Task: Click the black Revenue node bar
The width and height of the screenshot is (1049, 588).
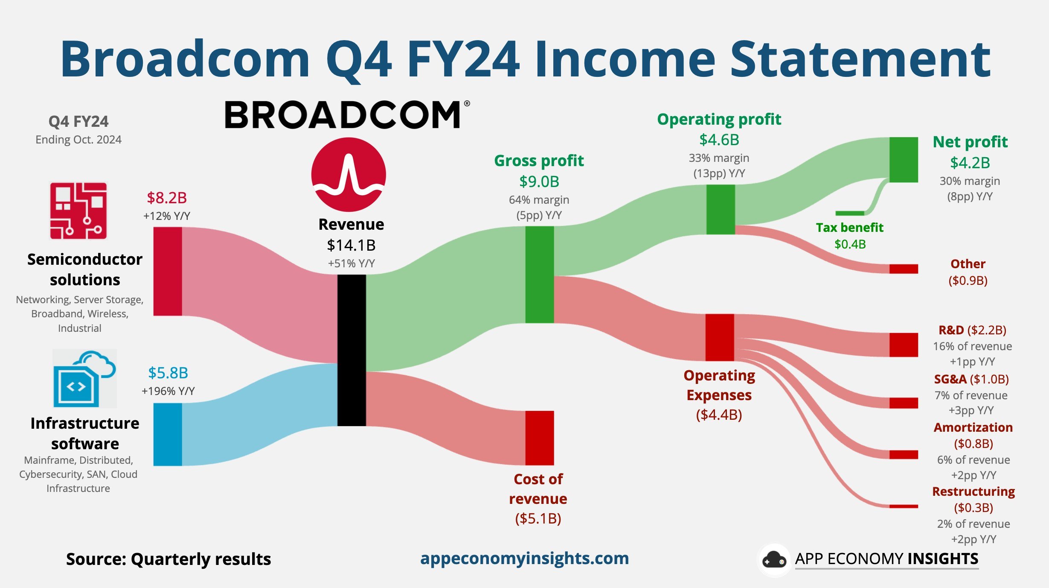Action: (x=352, y=350)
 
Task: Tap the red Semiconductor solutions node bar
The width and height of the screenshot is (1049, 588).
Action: (x=168, y=271)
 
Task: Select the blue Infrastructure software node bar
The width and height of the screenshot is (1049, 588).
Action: (x=168, y=434)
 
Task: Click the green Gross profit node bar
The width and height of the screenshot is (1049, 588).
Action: (x=540, y=275)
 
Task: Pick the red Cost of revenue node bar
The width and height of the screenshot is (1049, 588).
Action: (x=540, y=438)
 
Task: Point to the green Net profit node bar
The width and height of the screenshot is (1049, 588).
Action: (x=904, y=160)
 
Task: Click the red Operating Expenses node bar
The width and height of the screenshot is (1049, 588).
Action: (x=720, y=337)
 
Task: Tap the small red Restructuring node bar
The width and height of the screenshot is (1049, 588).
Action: (x=904, y=506)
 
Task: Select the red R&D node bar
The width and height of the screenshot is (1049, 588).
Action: (x=904, y=345)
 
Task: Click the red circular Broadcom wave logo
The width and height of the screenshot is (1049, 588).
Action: (x=349, y=175)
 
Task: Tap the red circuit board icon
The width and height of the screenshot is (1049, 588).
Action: (x=78, y=211)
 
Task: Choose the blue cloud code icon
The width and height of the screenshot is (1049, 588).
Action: (x=84, y=378)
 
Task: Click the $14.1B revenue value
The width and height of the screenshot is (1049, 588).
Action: (x=351, y=245)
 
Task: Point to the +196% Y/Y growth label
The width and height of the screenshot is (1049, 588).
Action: (x=168, y=391)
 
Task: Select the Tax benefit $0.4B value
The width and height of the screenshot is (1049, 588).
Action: (x=850, y=244)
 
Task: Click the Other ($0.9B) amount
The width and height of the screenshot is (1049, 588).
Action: (x=968, y=281)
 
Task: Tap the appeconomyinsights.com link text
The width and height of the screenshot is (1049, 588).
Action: (x=524, y=559)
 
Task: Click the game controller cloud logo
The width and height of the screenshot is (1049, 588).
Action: (x=774, y=560)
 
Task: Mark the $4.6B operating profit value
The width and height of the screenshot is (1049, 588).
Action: (x=719, y=140)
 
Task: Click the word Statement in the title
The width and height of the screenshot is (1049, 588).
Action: (x=860, y=59)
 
